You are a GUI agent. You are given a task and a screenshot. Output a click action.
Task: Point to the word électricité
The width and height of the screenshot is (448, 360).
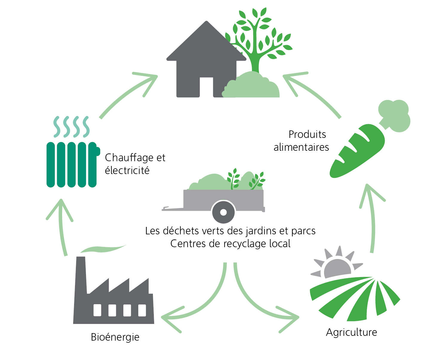coord(127,170)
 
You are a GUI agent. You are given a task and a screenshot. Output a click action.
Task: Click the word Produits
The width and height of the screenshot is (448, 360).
coord(307,134)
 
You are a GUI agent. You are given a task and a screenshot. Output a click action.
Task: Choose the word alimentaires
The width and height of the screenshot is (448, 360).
coord(301,147)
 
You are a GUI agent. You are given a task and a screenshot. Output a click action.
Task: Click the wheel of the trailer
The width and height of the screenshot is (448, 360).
coord(223,212)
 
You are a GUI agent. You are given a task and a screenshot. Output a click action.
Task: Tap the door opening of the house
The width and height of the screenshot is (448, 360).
coord(206,87)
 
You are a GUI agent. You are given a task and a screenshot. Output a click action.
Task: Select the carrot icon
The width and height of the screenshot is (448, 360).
coord(370,139)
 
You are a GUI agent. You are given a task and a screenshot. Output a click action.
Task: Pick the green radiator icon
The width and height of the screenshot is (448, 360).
coord(73,152)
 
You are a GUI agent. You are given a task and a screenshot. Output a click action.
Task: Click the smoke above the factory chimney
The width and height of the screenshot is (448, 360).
coord(103,248)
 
